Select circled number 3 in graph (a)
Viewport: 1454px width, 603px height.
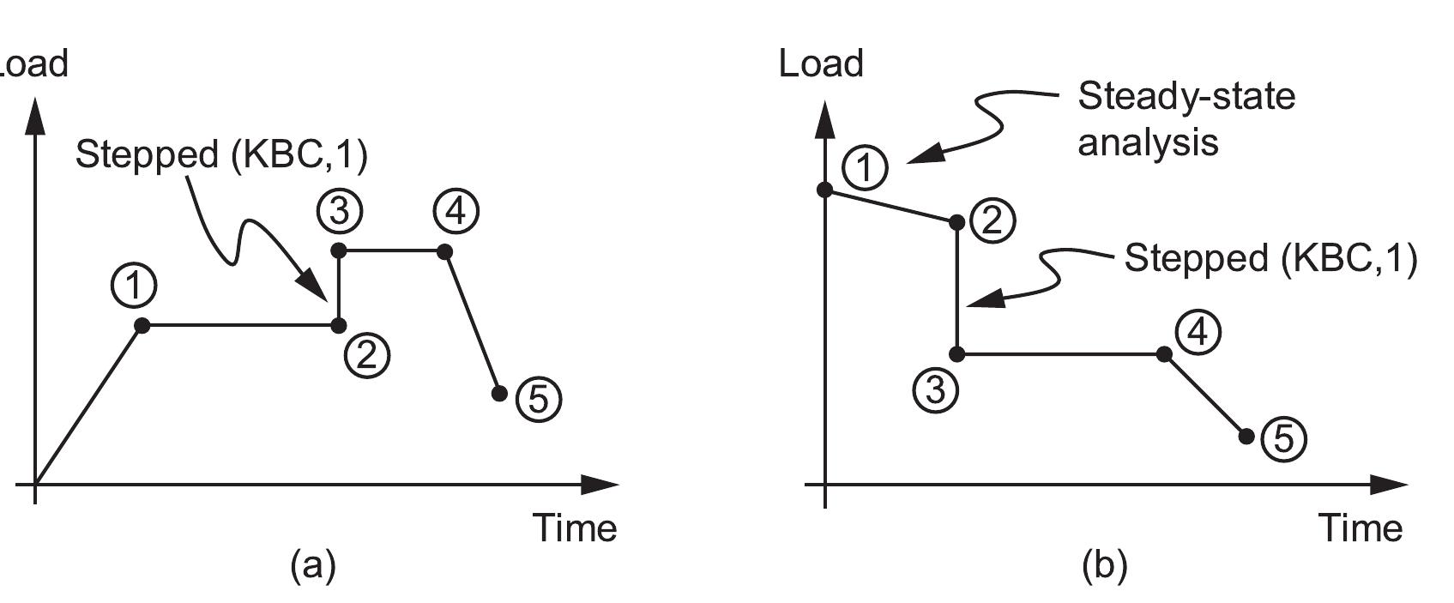coord(339,210)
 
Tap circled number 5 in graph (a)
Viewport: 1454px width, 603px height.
coord(539,400)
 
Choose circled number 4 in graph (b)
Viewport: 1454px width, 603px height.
coord(1198,331)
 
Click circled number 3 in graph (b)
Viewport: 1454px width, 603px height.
coord(935,389)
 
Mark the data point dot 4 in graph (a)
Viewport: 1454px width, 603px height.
coord(444,251)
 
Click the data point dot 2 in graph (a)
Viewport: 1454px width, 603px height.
coord(339,325)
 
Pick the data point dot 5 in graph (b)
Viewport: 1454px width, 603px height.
coord(1247,437)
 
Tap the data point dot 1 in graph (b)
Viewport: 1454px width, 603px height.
coord(825,190)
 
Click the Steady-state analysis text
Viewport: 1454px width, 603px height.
coord(1186,118)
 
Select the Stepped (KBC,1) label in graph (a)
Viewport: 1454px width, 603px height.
coord(221,155)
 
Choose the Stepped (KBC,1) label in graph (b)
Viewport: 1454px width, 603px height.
coord(1270,258)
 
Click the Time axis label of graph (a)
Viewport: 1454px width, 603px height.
coord(575,528)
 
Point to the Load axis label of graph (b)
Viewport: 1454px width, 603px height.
coord(821,64)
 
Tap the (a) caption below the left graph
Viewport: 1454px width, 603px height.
coord(313,565)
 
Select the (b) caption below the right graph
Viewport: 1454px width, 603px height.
coord(1105,565)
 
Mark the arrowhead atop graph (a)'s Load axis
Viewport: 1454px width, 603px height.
coord(35,116)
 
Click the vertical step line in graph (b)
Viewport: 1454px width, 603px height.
coord(957,287)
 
